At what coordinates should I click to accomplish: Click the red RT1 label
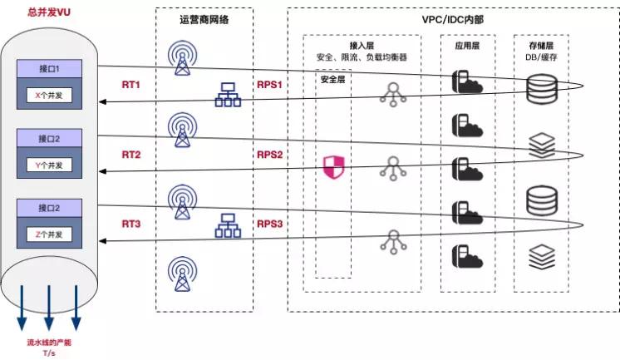pyautogui.click(x=132, y=86)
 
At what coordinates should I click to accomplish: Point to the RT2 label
pyautogui.click(x=132, y=155)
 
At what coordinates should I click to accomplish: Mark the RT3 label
pyautogui.click(x=132, y=224)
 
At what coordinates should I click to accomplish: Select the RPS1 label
pyautogui.click(x=271, y=86)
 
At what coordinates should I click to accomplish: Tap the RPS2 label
pyautogui.click(x=271, y=155)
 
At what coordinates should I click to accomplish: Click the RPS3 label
pyautogui.click(x=271, y=224)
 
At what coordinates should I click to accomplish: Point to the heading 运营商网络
pyautogui.click(x=204, y=20)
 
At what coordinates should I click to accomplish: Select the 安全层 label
pyautogui.click(x=332, y=81)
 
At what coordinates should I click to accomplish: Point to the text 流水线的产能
pyautogui.click(x=49, y=343)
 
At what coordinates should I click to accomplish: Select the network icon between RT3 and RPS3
pyautogui.click(x=227, y=225)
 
